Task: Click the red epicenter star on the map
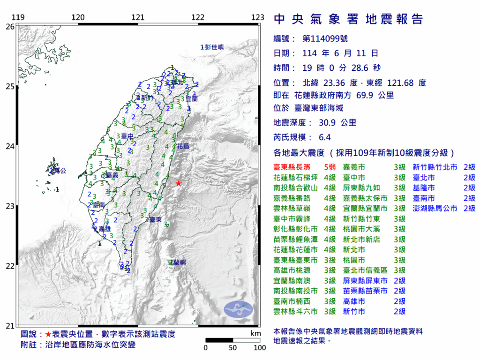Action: pyautogui.click(x=179, y=183)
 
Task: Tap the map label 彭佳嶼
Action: pyautogui.click(x=214, y=47)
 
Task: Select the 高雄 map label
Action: pyautogui.click(x=104, y=229)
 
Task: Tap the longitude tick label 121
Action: pyautogui.click(x=138, y=18)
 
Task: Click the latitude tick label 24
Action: pyautogui.click(x=9, y=146)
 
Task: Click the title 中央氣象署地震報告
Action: pyautogui.click(x=348, y=19)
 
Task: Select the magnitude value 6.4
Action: pyautogui.click(x=324, y=137)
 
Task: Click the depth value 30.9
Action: pyautogui.click(x=324, y=123)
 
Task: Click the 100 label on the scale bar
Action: pyautogui.click(x=259, y=348)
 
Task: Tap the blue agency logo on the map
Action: pyautogui.click(x=238, y=308)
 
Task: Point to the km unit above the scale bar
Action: pyautogui.click(x=255, y=333)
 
